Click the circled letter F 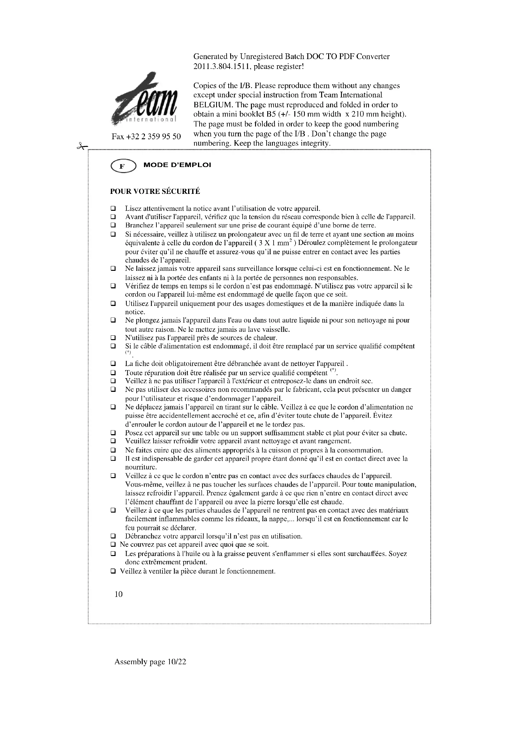pyautogui.click(x=123, y=167)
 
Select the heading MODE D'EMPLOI pyautogui.click(x=177, y=165)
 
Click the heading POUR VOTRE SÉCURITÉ pyautogui.click(x=155, y=192)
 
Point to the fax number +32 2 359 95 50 pyautogui.click(x=146, y=136)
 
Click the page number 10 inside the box pyautogui.click(x=119, y=594)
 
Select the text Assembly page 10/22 pyautogui.click(x=150, y=662)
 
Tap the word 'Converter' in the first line pyautogui.click(x=373, y=57)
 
